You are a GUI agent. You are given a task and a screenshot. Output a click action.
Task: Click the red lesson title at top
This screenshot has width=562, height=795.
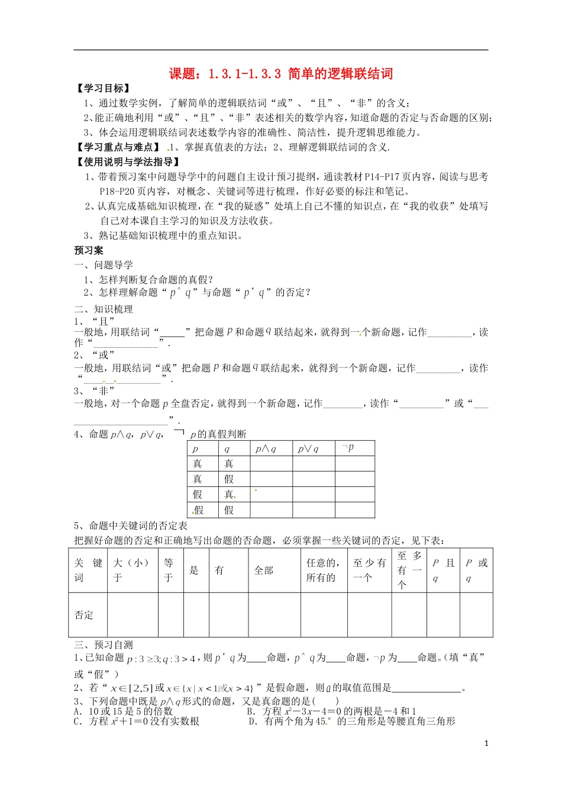[281, 73]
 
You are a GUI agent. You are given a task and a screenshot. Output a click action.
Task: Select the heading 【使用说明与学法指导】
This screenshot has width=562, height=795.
[127, 162]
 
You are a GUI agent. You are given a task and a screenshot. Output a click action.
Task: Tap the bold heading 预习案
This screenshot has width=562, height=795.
[89, 250]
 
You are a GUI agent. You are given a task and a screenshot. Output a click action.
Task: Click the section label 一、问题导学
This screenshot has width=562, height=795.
[104, 265]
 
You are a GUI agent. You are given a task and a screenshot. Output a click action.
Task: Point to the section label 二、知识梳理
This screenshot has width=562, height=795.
[104, 309]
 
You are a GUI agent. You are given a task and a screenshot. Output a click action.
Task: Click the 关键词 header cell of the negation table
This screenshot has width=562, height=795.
[88, 570]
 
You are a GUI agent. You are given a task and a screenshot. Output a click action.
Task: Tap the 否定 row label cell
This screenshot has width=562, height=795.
[84, 615]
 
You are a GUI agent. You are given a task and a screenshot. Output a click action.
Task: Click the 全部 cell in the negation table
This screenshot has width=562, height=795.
[264, 570]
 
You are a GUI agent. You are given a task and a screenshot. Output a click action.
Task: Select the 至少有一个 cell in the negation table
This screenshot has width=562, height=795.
[369, 570]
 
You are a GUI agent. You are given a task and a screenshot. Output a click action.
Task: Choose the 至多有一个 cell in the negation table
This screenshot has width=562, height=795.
[409, 570]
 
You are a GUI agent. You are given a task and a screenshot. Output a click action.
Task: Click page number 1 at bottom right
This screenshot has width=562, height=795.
[486, 744]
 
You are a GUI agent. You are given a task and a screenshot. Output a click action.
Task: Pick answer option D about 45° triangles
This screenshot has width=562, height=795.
[352, 721]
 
